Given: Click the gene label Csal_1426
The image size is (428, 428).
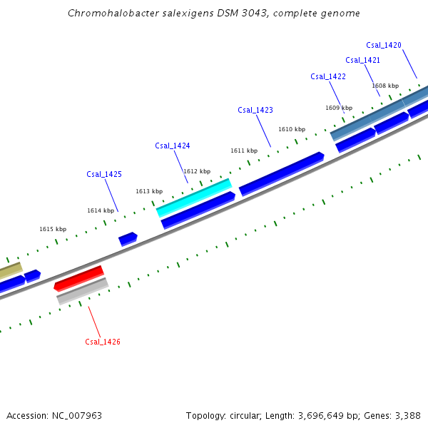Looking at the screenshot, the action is click(x=103, y=342).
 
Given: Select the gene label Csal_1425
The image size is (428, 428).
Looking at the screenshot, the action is click(x=104, y=174).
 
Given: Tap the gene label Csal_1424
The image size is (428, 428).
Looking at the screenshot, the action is click(x=173, y=146).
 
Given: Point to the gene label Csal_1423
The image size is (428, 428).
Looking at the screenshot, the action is click(x=255, y=110).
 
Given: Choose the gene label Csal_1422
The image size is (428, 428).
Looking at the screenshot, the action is click(x=328, y=76).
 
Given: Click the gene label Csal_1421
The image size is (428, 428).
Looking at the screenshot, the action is click(x=363, y=60).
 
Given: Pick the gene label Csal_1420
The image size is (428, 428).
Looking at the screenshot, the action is click(x=384, y=45).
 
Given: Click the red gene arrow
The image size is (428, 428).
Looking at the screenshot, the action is click(x=79, y=278).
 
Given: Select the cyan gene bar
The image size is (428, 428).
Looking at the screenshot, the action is click(x=194, y=198).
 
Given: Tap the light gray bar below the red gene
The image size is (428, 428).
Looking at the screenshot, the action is click(x=83, y=291).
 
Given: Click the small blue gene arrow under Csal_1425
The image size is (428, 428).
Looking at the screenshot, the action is click(x=128, y=238).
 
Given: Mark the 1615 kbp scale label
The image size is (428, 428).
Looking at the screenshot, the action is click(x=53, y=229).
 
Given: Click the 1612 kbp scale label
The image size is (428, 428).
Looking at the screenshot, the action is click(x=197, y=171).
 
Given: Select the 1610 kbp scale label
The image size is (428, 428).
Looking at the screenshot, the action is click(x=292, y=129).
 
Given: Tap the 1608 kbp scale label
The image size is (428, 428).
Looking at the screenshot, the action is click(x=385, y=86).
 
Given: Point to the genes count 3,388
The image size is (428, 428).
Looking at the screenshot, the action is click(x=407, y=415).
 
